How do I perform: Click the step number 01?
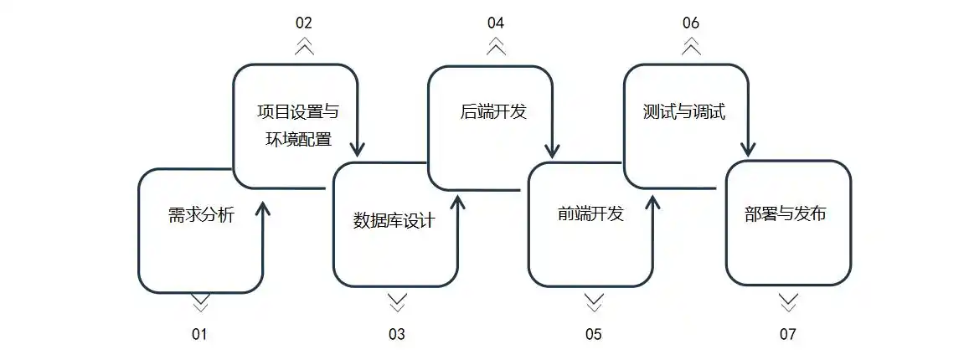(198, 335)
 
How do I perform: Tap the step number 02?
(304, 23)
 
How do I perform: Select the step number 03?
(396, 335)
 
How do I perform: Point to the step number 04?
(496, 23)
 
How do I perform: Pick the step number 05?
(593, 335)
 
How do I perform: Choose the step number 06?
(691, 23)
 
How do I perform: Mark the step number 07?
(787, 335)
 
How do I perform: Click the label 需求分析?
(201, 215)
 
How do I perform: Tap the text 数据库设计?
(394, 221)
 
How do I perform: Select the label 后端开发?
(493, 111)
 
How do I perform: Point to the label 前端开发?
(590, 213)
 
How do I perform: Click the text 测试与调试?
(684, 111)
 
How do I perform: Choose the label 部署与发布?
(786, 213)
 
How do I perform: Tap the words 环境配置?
(298, 138)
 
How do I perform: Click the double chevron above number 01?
(200, 302)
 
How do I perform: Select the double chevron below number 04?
(496, 47)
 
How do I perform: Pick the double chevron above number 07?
(788, 302)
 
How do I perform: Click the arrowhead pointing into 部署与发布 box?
(748, 150)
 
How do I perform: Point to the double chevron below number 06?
(691, 47)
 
